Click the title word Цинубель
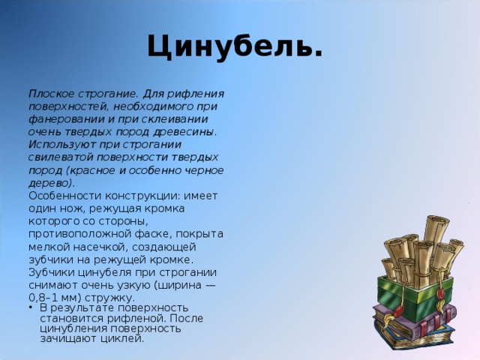click(235, 46)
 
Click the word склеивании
click(175, 119)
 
